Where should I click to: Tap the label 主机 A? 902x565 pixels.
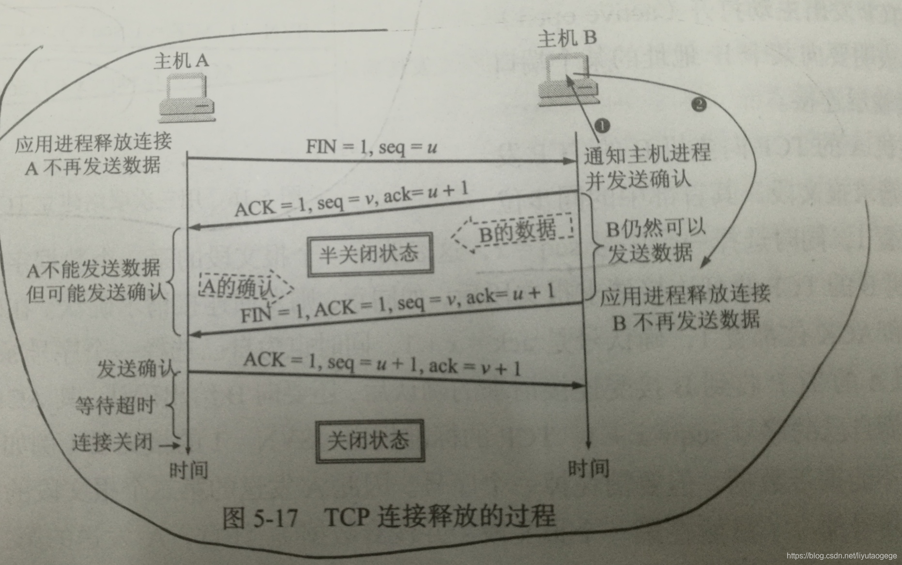(x=182, y=61)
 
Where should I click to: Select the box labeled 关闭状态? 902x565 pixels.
(x=370, y=440)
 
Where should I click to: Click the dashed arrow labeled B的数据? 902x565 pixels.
(x=513, y=232)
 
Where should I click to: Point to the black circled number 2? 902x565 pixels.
(x=699, y=104)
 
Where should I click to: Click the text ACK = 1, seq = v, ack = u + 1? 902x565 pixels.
(x=351, y=200)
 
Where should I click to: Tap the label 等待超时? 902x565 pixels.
(x=115, y=405)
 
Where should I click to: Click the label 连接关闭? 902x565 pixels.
(x=112, y=442)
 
